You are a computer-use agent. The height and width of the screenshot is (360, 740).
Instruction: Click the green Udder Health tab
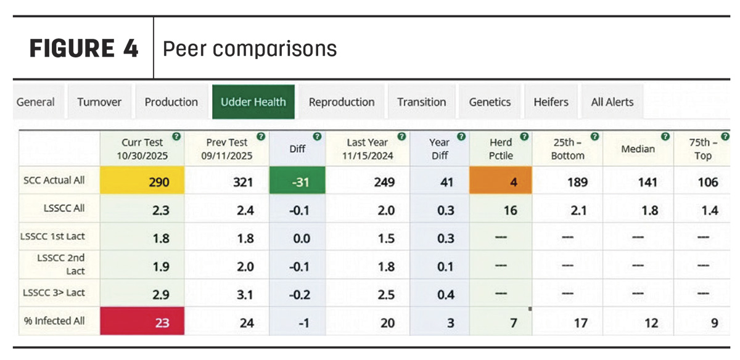click(x=253, y=102)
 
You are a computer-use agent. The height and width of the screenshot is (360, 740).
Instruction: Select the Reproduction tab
click(x=342, y=102)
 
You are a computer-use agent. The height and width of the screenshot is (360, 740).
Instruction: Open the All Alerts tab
click(x=612, y=102)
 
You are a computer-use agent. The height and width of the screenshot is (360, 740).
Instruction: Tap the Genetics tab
click(x=490, y=102)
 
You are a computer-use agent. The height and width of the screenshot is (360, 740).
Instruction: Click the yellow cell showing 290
click(x=142, y=181)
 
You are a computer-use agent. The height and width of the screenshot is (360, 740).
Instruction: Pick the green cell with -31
click(x=297, y=181)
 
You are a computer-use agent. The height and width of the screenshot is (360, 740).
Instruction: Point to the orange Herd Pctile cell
click(x=501, y=181)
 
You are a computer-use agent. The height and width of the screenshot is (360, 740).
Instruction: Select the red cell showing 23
click(x=142, y=321)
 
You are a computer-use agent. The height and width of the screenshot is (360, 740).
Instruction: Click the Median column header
click(x=638, y=149)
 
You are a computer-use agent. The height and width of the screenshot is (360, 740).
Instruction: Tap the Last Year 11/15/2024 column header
click(x=368, y=149)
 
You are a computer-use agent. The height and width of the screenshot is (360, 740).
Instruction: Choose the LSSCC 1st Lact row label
click(x=52, y=237)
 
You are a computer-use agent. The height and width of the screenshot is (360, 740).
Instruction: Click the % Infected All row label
click(x=54, y=321)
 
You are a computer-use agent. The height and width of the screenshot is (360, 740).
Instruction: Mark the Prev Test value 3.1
click(x=245, y=295)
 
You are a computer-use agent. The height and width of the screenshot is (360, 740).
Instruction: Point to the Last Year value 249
click(x=384, y=182)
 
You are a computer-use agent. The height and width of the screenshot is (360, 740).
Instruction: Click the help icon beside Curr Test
click(x=176, y=136)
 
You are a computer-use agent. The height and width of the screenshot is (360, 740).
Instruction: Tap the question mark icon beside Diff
click(x=317, y=136)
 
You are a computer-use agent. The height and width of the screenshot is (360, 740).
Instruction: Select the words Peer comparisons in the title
click(x=250, y=49)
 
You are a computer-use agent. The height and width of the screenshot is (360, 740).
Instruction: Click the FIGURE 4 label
click(x=84, y=48)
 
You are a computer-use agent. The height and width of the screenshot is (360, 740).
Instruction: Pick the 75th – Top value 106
click(x=708, y=182)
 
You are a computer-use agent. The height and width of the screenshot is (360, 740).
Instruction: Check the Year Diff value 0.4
click(x=446, y=295)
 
